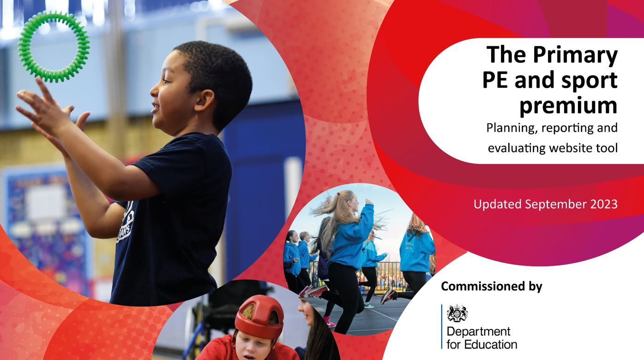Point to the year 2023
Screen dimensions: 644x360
click(604, 204)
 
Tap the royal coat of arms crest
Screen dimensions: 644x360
click(457, 313)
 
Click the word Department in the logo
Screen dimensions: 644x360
click(478, 332)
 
